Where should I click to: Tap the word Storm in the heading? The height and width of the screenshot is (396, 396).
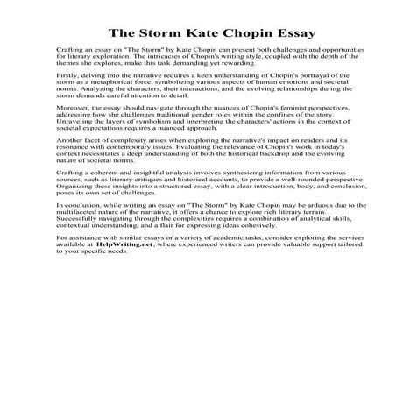160,32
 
